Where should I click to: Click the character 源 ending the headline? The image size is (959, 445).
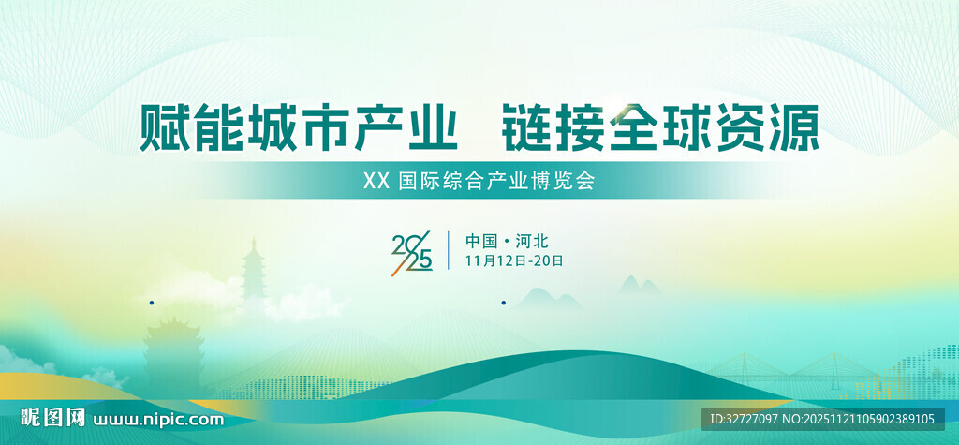click(794, 128)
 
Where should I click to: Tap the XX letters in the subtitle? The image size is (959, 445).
click(376, 181)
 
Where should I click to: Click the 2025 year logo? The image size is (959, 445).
click(412, 251)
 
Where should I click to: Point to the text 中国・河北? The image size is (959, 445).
click(507, 241)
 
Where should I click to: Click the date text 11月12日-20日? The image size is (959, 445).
click(514, 260)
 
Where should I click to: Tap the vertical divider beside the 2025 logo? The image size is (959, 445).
click(449, 250)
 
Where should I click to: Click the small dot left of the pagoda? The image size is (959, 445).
click(152, 303)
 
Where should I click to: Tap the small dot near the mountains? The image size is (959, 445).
click(504, 303)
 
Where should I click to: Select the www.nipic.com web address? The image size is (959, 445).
click(160, 419)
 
